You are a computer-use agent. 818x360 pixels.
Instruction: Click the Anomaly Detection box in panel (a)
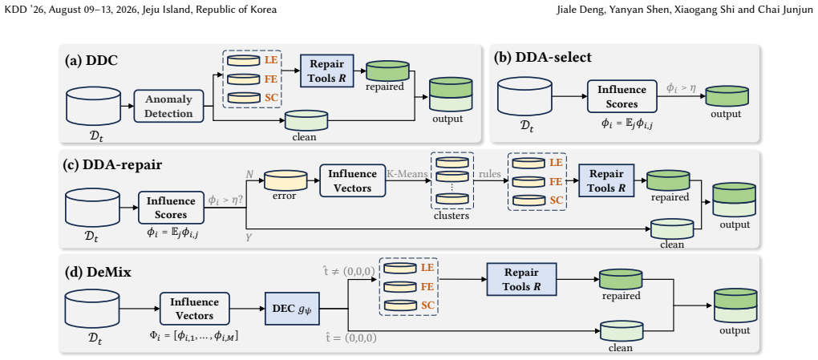(x=168, y=107)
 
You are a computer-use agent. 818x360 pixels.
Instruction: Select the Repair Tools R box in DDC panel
(x=326, y=70)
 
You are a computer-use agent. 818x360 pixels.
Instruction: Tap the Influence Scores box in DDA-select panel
(x=621, y=96)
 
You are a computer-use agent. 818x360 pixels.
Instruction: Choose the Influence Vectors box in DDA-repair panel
(x=352, y=180)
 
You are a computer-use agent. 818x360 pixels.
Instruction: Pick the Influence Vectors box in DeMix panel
(x=193, y=309)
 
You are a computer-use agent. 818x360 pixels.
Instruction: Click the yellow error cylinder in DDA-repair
(x=285, y=180)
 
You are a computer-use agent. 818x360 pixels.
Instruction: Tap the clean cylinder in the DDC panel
(x=306, y=120)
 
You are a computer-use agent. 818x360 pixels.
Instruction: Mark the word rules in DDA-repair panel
(x=490, y=172)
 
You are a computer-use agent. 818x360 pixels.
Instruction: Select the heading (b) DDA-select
(x=543, y=58)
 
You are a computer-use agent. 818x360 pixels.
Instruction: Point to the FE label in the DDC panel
(x=271, y=79)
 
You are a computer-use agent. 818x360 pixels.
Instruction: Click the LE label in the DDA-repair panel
(x=556, y=162)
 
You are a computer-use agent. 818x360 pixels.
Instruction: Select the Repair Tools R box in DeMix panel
(x=522, y=279)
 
